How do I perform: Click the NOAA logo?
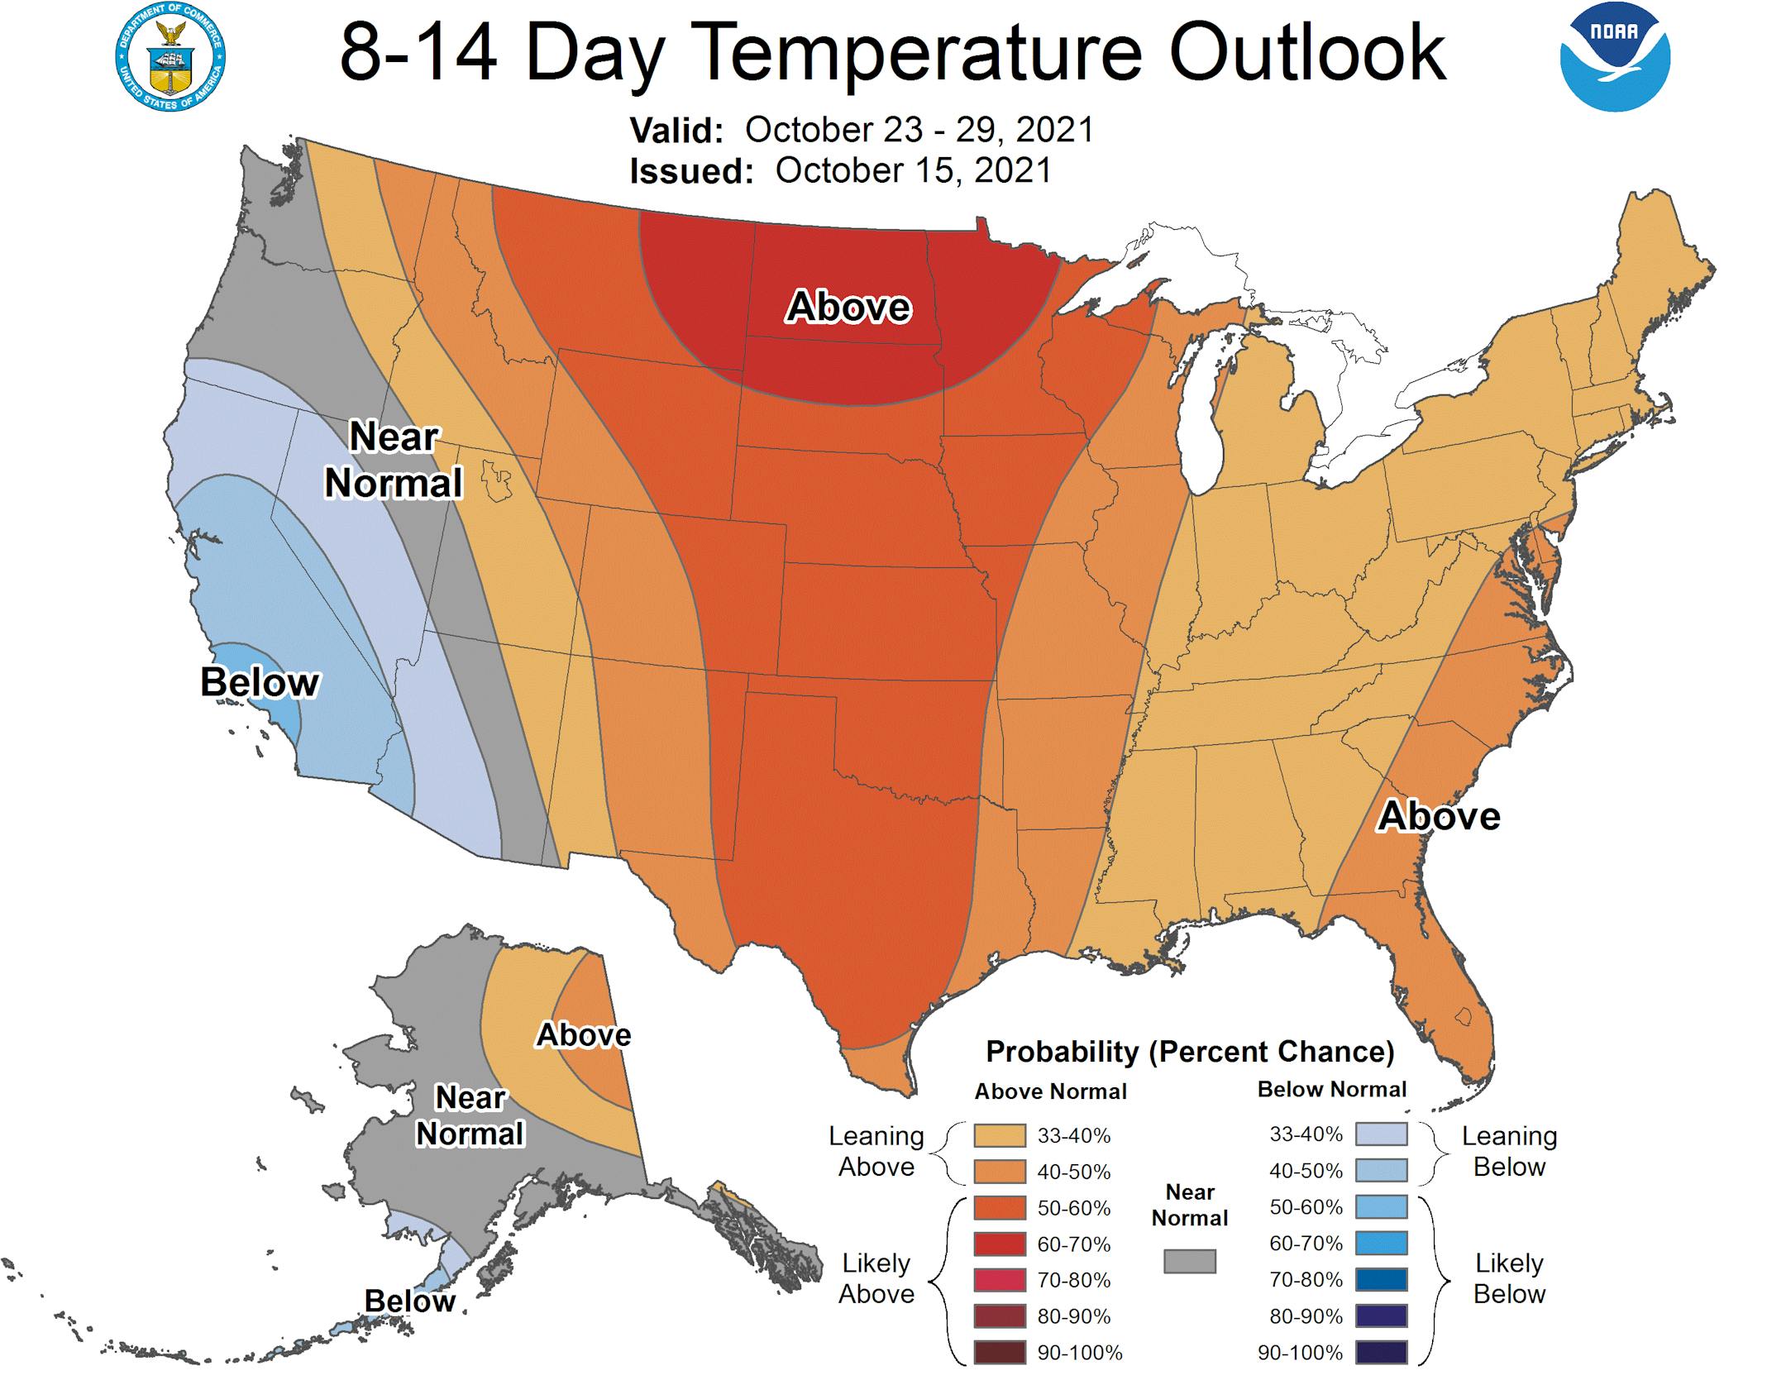click(1614, 56)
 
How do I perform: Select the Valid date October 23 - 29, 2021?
click(919, 130)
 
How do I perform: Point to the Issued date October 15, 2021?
click(913, 170)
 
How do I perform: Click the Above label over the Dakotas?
click(848, 307)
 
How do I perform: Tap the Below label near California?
click(260, 682)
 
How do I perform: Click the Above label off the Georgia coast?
click(1439, 816)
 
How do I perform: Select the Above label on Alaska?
click(584, 1034)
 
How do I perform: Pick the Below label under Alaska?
click(409, 1301)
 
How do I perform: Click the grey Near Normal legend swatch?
click(1189, 1260)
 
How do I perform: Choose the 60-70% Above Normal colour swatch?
click(1000, 1244)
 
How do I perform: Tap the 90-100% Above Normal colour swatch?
click(1000, 1352)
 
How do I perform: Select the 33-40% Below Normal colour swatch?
click(1381, 1134)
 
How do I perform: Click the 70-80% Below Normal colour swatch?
click(1381, 1279)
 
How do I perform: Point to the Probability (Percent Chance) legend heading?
click(1190, 1052)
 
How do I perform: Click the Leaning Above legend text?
click(876, 1151)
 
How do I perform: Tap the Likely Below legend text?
click(1509, 1278)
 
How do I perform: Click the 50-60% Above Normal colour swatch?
click(1000, 1207)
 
